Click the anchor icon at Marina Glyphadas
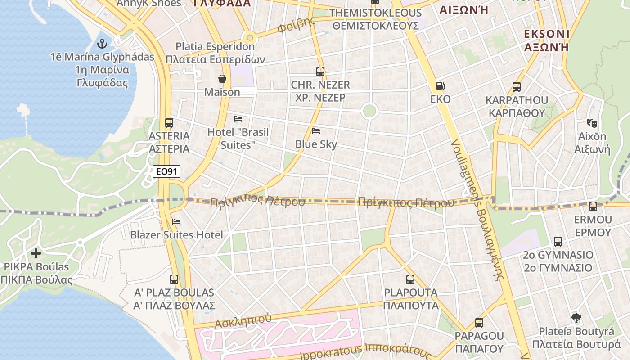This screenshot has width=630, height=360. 102,44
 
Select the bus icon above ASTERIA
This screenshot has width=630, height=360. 169,122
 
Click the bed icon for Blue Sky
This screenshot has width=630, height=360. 316,131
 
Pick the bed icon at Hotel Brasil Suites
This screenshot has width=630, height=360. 238,119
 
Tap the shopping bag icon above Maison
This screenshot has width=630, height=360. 222,79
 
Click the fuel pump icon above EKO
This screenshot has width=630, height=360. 440,86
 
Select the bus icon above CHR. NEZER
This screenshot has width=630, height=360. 320,71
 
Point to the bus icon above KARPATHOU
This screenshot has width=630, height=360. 517,87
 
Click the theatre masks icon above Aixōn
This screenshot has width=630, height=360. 592,123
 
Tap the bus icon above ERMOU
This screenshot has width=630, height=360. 593,207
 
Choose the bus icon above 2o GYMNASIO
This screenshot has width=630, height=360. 558,242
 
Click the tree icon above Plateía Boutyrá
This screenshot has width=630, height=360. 576,318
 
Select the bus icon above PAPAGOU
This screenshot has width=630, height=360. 479,323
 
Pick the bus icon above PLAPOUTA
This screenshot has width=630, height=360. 410,279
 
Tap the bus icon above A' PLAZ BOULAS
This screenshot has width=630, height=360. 174,279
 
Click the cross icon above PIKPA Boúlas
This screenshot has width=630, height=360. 36,253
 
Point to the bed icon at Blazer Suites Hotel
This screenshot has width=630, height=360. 176,222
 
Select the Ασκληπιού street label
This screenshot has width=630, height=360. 243,320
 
